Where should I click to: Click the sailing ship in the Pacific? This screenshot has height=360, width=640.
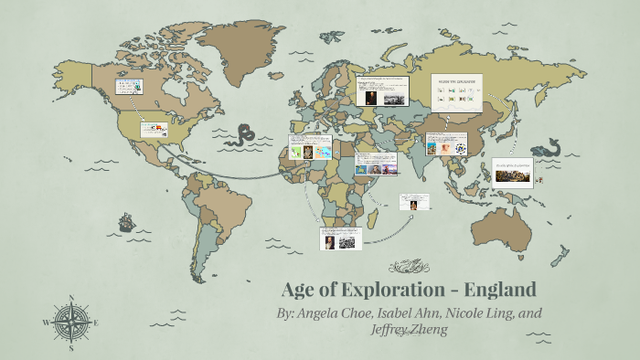pos(125,222)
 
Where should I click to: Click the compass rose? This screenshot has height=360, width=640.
pos(71,323)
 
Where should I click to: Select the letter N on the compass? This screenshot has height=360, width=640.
pos(71,299)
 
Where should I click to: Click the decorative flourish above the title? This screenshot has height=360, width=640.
pos(408,268)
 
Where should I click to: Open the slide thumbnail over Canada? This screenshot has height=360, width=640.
pos(130,88)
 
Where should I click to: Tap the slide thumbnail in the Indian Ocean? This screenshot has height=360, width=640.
pos(415,201)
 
